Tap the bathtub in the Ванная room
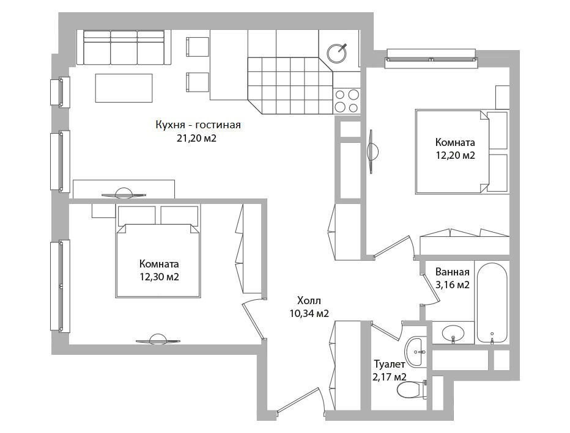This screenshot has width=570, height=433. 492,303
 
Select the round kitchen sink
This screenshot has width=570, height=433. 337,53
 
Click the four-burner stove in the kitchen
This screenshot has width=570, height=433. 346,101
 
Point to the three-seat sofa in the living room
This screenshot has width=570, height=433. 124,48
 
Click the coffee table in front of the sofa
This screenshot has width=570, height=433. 124,88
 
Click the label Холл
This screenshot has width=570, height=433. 309,300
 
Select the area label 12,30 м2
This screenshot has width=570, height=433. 159,277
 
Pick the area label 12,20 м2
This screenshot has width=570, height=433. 455,155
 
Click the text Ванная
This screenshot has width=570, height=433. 453,272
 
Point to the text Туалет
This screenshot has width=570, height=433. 390,364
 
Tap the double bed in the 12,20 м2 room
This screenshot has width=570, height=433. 461,152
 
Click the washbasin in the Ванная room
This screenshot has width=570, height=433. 453,333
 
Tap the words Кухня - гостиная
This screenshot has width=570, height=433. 198,125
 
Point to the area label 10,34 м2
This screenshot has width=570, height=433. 309,313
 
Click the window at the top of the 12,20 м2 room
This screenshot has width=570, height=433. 431,59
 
